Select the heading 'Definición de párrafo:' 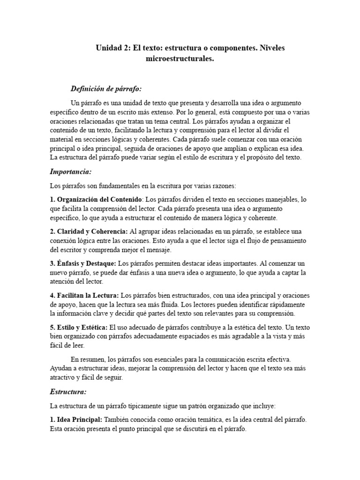(106, 89)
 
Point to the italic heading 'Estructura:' (68, 391)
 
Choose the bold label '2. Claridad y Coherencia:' (89, 232)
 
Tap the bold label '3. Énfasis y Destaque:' (83, 263)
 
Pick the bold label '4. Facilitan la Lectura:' (84, 296)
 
